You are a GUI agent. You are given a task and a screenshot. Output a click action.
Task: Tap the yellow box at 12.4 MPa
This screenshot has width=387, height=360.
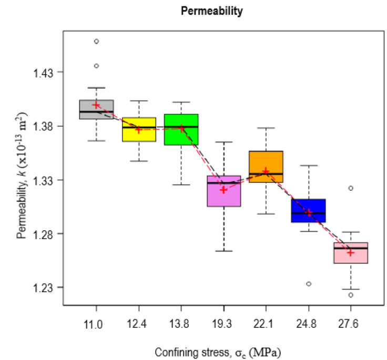[139, 129]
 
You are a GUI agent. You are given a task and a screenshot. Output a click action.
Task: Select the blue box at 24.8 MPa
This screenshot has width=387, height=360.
[309, 210]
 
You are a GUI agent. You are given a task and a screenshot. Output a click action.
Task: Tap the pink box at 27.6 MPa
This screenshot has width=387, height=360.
[351, 253]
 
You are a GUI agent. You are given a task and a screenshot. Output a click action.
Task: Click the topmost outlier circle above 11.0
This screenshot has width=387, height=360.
[96, 41]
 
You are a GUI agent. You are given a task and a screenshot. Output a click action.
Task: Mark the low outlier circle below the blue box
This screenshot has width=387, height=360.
[309, 284]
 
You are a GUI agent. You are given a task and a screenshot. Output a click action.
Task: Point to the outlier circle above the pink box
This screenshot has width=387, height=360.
[351, 188]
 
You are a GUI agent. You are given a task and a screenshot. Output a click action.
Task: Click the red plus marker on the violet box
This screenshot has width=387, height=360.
[224, 190]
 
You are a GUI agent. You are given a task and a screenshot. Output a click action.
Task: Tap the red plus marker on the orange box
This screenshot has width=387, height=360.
[266, 171]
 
